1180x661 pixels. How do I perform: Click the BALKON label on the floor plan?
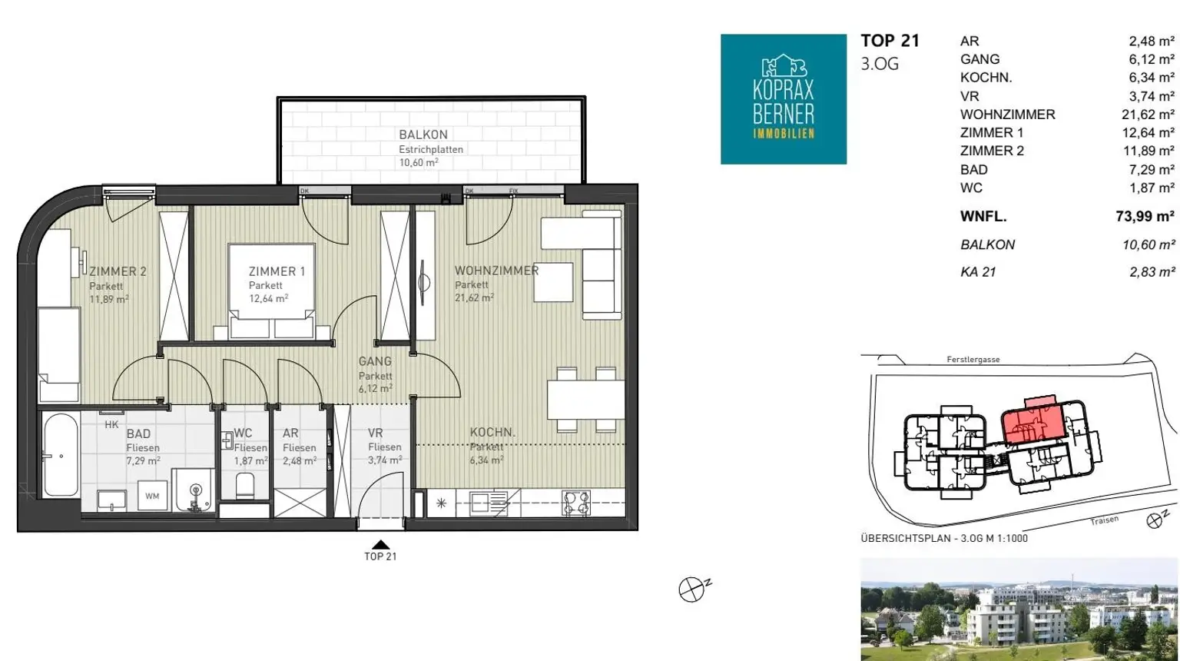pos(423,135)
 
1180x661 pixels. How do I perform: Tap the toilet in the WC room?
pos(245,486)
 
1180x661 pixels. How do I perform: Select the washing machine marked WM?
pos(152,496)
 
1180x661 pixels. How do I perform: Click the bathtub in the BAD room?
pos(60,455)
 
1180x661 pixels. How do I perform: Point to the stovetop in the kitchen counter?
pos(576,503)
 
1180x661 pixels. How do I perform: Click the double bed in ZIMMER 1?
pos(271,290)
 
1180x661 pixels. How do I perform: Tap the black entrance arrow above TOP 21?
pos(380,545)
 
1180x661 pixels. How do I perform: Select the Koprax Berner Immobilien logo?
pos(784,99)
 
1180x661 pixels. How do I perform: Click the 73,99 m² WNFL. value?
pos(1145,216)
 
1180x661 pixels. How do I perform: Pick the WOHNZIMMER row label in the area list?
pos(1007,115)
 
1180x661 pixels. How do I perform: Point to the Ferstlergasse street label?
pos(973,360)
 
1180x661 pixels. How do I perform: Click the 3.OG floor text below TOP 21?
pos(880,65)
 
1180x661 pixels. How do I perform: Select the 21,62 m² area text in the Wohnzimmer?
pos(474,297)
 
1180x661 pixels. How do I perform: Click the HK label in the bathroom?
pos(111,425)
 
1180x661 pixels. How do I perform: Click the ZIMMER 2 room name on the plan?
pos(118,271)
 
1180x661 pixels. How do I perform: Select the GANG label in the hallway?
pos(375,361)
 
